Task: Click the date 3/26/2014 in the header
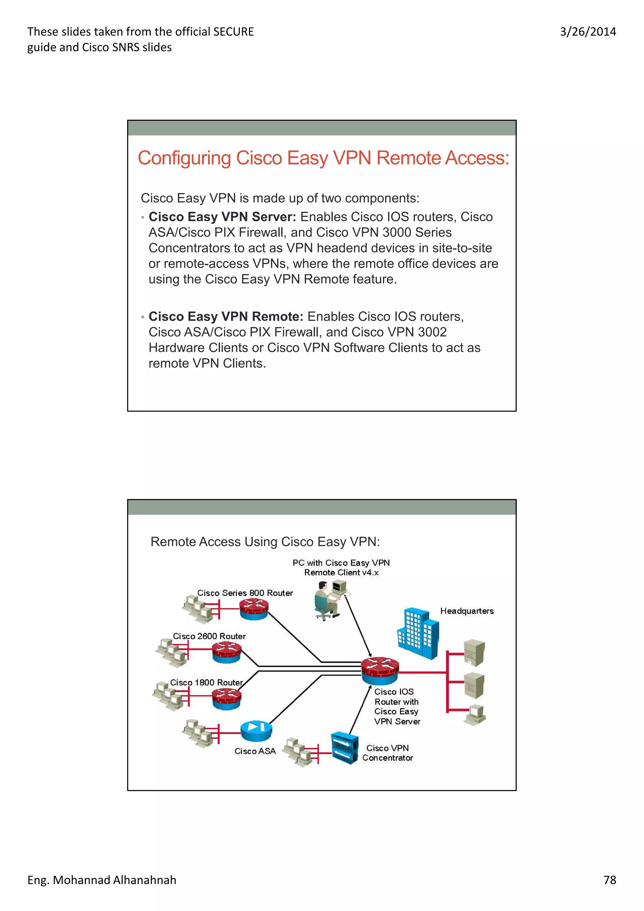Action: [588, 32]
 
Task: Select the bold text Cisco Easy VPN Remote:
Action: [226, 317]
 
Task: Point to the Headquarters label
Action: [467, 611]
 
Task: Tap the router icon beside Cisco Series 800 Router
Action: [254, 609]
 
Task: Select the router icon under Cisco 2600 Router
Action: [226, 652]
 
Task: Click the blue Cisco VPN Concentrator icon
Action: [344, 748]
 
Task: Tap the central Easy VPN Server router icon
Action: [380, 671]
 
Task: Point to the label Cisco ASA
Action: [255, 751]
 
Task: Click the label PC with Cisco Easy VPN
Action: [341, 563]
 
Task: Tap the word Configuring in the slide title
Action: [184, 158]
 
